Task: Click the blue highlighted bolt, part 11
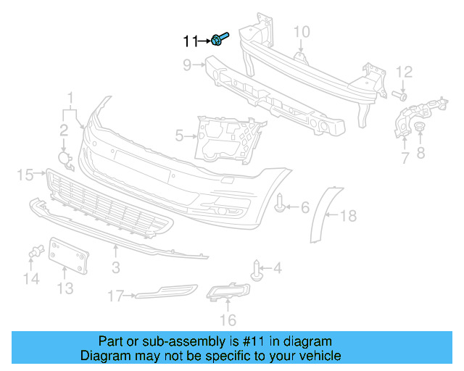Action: tap(220, 39)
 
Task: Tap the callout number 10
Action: tap(302, 31)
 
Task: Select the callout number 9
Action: tap(187, 65)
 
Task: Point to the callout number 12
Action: tap(404, 71)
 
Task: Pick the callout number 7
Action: tap(405, 157)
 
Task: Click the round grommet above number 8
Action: tap(419, 128)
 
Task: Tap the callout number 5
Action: tap(179, 135)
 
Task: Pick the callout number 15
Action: tap(25, 174)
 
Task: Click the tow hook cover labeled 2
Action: tap(65, 159)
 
